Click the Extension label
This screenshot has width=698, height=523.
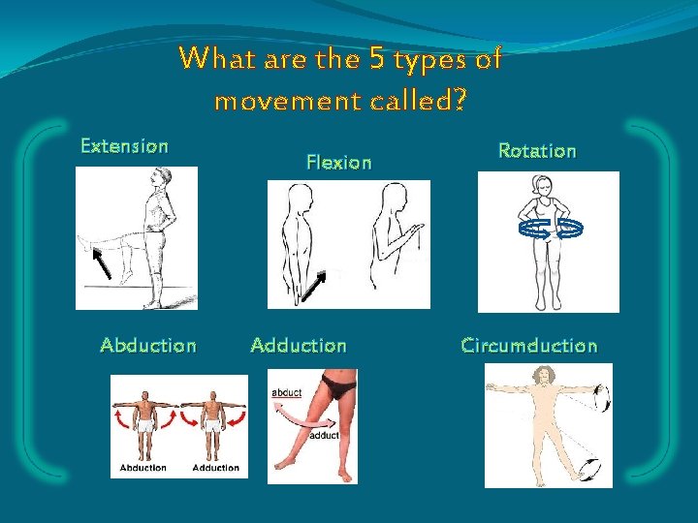pyautogui.click(x=124, y=146)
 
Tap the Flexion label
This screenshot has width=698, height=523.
pyautogui.click(x=338, y=163)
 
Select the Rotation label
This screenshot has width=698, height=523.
pyautogui.click(x=536, y=151)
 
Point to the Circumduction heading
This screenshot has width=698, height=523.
pyautogui.click(x=529, y=346)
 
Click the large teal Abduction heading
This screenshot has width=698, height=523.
pyautogui.click(x=148, y=346)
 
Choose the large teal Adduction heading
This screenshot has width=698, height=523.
pyautogui.click(x=298, y=346)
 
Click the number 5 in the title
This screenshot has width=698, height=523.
pyautogui.click(x=377, y=60)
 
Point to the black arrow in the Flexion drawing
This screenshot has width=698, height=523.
pyautogui.click(x=313, y=286)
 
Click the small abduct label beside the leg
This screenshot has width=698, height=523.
pyautogui.click(x=288, y=392)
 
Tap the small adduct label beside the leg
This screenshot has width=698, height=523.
pyautogui.click(x=324, y=435)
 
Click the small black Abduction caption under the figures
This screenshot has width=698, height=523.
pyautogui.click(x=143, y=468)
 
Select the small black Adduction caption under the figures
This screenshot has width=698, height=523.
pyautogui.click(x=215, y=468)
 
